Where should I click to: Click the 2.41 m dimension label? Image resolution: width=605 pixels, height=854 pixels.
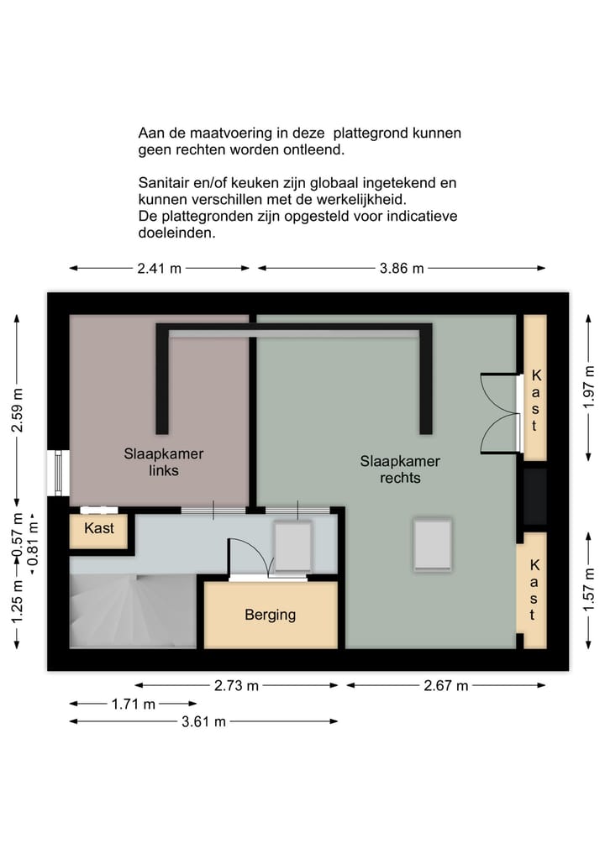coord(159,269)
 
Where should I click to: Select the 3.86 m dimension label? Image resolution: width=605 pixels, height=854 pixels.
coord(401,269)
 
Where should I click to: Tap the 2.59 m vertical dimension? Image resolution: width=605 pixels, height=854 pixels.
coord(15,411)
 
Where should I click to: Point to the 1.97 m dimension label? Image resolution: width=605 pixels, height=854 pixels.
coord(588,386)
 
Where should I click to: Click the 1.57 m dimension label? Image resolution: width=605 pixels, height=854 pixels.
coord(588,588)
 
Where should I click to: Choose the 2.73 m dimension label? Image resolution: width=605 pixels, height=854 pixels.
coord(236,685)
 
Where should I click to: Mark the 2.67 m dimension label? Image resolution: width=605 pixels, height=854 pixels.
coord(445,685)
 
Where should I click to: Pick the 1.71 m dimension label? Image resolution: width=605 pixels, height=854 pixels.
coord(133,705)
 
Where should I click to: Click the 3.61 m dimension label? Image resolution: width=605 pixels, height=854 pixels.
coord(203,721)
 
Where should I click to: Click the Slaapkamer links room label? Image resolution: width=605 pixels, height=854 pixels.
coord(164,462)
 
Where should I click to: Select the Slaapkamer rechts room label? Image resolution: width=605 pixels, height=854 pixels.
coord(400,469)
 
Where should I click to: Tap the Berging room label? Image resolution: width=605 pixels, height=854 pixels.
coord(270,615)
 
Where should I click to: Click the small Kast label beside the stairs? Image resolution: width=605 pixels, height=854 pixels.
coord(98,529)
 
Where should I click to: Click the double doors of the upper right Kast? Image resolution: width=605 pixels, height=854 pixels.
coord(498,413)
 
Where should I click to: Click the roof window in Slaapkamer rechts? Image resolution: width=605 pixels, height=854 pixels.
coord(432,545)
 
